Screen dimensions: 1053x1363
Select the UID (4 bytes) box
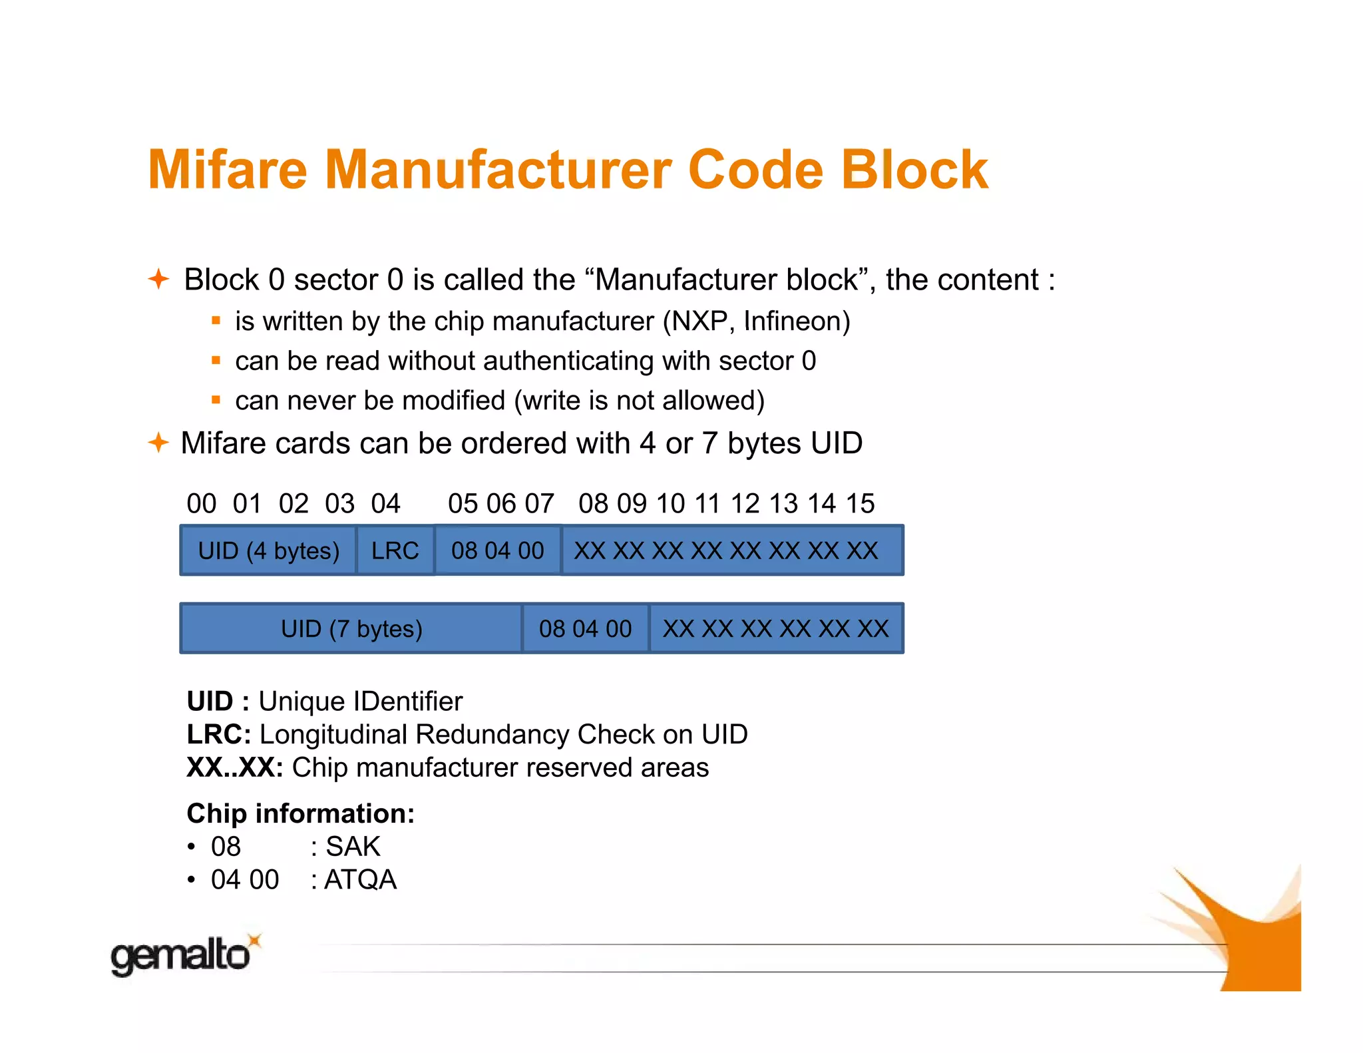point(268,550)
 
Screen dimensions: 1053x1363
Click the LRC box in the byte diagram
point(395,550)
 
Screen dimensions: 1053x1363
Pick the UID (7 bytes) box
point(351,628)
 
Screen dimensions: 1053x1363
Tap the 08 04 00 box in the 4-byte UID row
point(498,550)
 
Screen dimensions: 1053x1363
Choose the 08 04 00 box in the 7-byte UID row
point(585,628)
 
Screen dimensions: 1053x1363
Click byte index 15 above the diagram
point(860,503)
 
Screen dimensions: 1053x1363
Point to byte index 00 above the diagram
point(201,503)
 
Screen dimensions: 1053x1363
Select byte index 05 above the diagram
point(463,503)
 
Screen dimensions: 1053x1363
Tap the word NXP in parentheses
point(699,321)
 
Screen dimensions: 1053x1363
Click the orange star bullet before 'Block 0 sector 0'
point(158,278)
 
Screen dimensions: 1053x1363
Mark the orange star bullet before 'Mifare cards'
point(158,442)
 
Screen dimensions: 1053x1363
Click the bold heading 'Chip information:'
point(300,813)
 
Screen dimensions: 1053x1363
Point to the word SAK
point(353,847)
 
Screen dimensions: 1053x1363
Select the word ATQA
point(360,879)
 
